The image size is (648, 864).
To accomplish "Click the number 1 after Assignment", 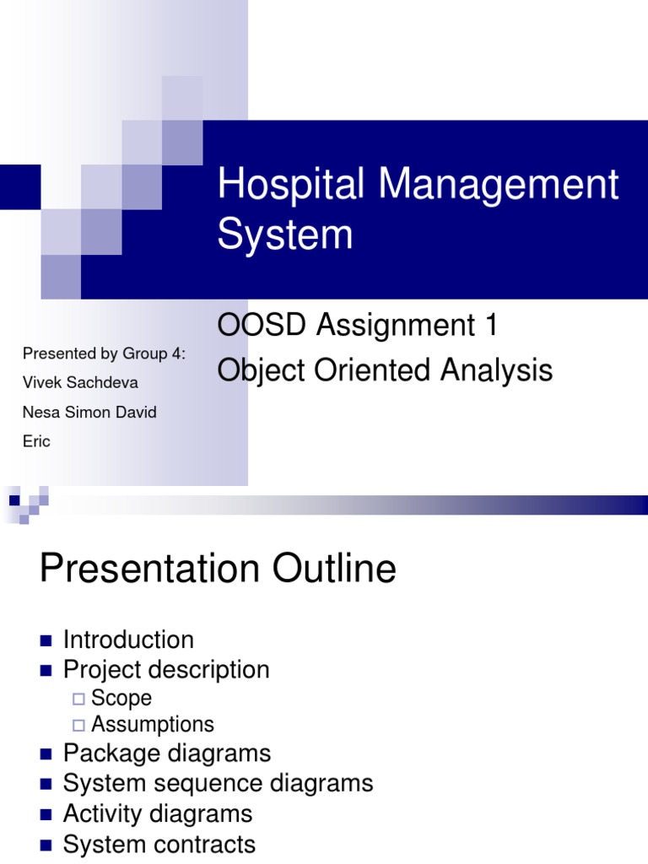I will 491,326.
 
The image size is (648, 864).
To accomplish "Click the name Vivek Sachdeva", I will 81,383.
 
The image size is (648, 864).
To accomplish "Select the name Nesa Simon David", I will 89,413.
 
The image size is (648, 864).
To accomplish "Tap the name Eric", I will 36,441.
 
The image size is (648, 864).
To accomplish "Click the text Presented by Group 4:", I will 104,354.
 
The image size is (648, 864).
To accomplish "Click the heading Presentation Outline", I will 218,570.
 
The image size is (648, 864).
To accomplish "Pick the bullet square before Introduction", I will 46,640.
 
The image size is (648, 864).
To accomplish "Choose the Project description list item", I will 166,670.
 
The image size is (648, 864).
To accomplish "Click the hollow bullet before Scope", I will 78,699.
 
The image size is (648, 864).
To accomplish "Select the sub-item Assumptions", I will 153,724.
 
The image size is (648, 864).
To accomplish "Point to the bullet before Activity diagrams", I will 46,814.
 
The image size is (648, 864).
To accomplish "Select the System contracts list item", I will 159,844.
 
